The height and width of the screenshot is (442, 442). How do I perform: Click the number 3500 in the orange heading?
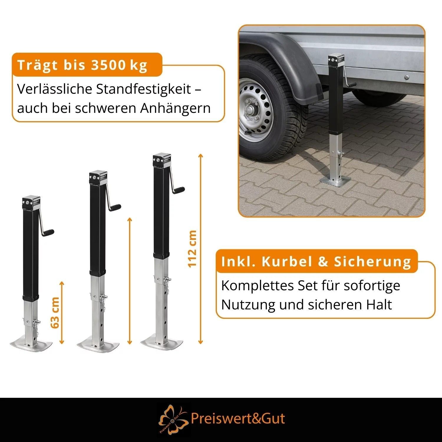pos(108,65)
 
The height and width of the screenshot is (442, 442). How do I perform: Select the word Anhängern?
pos(175,108)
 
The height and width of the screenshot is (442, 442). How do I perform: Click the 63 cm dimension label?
pos(55,313)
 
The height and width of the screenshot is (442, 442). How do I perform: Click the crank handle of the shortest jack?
pos(46,224)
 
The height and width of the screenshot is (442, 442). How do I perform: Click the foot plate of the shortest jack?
pos(31,345)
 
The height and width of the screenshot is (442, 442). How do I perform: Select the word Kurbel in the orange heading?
pos(283,262)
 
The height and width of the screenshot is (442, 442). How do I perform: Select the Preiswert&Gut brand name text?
pos(238,419)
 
